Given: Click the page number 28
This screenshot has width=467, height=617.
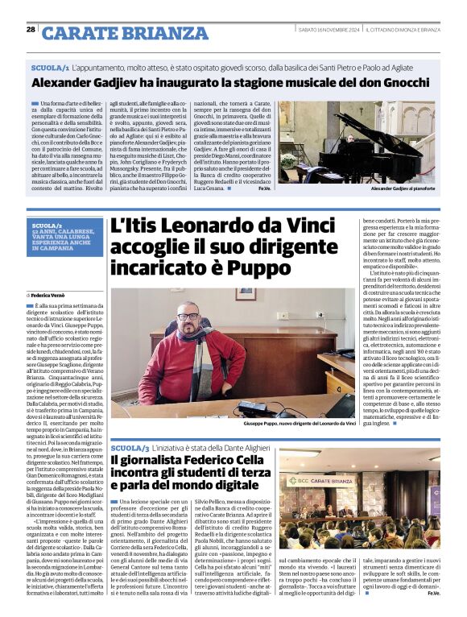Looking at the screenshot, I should pyautogui.click(x=31, y=30).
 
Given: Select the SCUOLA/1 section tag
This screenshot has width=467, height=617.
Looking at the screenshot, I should pyautogui.click(x=50, y=69).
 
